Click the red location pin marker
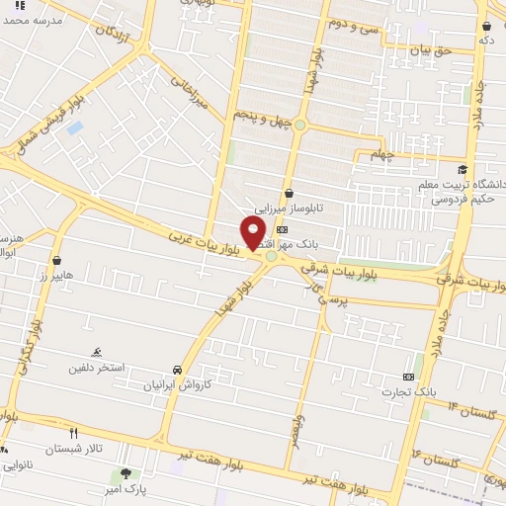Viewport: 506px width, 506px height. coord(254,233)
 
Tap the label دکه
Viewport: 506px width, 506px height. coord(485,41)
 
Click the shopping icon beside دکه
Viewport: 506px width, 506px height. coord(486,26)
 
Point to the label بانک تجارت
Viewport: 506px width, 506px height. coord(411,392)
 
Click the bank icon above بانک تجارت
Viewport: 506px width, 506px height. coord(409,377)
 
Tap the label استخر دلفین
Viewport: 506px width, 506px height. coord(96,368)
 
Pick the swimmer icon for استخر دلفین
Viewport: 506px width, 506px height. coord(96,352)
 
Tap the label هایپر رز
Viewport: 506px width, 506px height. coord(56,276)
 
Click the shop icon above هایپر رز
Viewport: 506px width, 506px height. coord(56,261)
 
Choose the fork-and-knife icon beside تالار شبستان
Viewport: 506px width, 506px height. coord(73,433)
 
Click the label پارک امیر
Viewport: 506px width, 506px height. coord(126,489)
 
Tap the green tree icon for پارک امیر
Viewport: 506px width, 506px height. coord(126,473)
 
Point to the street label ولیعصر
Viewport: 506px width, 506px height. coord(295,429)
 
